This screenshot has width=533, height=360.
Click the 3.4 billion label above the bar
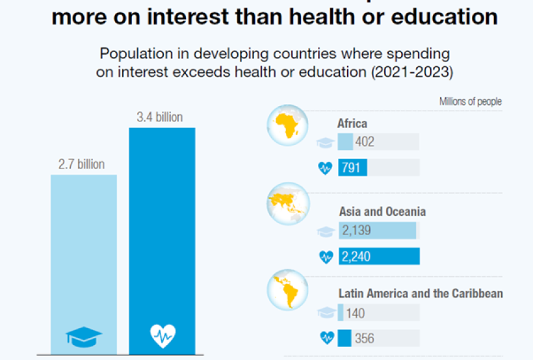[x=159, y=118]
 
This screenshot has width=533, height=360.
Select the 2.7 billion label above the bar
[x=81, y=164]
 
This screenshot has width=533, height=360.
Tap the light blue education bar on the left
[x=84, y=260]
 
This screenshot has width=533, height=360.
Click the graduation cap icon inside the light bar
[x=84, y=336]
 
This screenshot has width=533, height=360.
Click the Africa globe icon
[x=287, y=125]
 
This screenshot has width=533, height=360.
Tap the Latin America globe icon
[x=287, y=289]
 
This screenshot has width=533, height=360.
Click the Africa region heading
[x=352, y=123]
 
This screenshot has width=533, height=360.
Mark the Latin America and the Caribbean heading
[x=421, y=294]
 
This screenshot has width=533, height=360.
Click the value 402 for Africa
[x=365, y=142]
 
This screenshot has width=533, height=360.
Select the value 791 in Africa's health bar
[x=351, y=168]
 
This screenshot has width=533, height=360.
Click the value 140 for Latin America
[x=355, y=313]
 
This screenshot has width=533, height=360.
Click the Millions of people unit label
[x=470, y=101]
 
